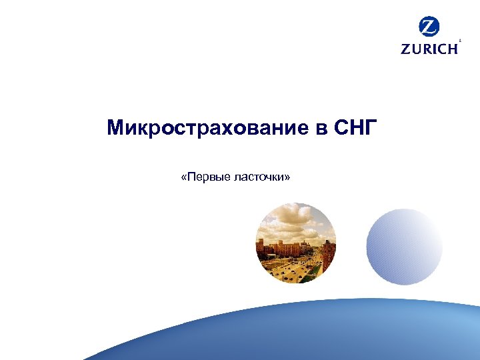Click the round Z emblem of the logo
[429, 27]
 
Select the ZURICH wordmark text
[429, 49]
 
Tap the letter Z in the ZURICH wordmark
[405, 49]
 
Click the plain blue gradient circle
[405, 247]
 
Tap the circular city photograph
[296, 243]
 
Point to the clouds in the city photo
[293, 220]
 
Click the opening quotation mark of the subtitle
[183, 177]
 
